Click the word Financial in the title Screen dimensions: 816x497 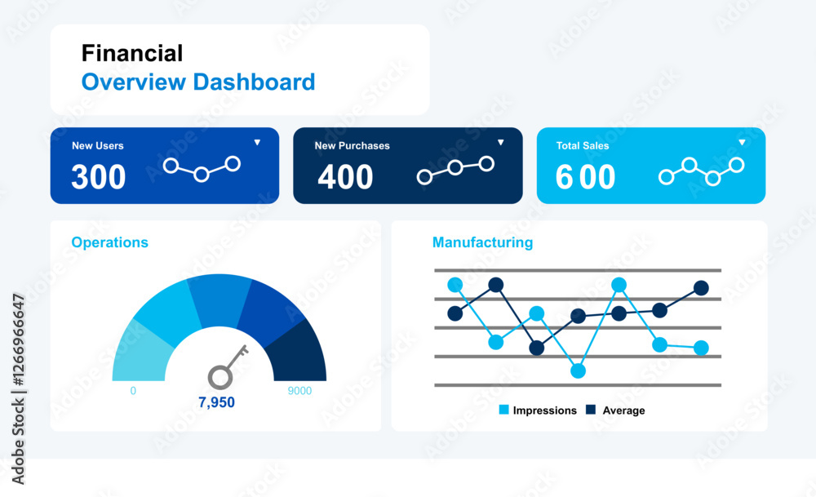(132, 53)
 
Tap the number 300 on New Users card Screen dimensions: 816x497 (99, 177)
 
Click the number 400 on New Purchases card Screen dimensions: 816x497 (345, 177)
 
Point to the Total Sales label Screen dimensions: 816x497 (583, 146)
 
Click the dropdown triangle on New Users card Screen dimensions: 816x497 (257, 142)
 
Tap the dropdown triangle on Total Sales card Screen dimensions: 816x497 (742, 142)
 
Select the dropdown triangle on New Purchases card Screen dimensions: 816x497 (501, 142)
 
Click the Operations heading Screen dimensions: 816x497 (110, 242)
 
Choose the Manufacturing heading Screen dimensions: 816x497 (482, 242)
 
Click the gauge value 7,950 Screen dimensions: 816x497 (216, 402)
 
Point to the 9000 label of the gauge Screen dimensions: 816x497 (299, 391)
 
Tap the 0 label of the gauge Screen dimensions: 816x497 (133, 391)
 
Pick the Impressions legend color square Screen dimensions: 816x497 (503, 410)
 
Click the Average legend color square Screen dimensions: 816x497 (591, 410)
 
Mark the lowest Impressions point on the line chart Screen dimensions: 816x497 (578, 371)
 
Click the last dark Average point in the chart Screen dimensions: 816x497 (701, 288)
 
